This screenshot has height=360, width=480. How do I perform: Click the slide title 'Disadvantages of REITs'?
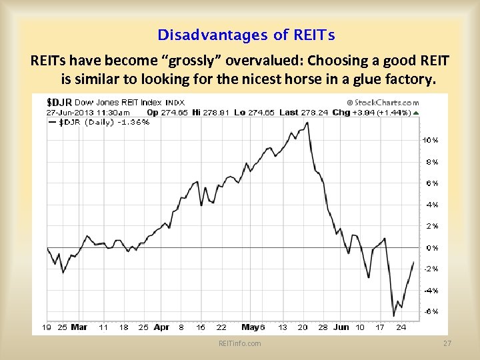click(x=246, y=35)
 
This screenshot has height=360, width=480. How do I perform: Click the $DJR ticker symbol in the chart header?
click(x=59, y=102)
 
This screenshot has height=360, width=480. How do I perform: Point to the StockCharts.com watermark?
click(x=383, y=103)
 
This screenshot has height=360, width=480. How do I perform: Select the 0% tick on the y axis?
click(x=432, y=247)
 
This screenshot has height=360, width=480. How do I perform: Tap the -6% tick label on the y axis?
click(x=431, y=311)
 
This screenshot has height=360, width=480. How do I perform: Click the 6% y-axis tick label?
click(x=432, y=183)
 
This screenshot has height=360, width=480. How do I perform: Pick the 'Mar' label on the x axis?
click(x=79, y=327)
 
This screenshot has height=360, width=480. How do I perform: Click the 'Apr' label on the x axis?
click(x=161, y=327)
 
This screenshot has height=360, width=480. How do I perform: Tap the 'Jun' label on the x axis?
click(x=341, y=327)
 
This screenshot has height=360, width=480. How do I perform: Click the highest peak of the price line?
click(x=307, y=123)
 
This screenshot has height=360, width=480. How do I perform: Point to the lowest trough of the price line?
click(x=394, y=316)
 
